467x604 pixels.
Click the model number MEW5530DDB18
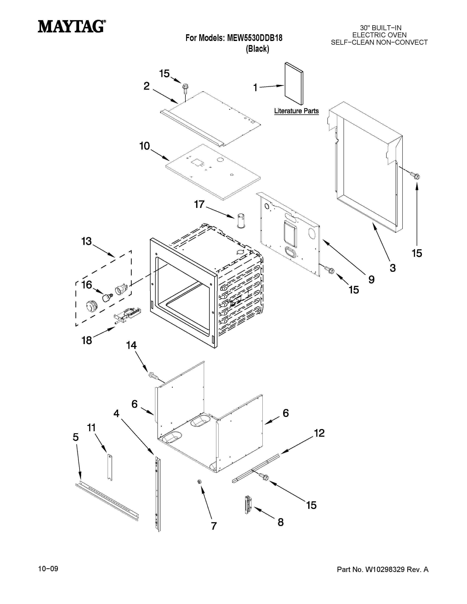pos(255,38)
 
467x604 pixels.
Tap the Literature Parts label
pos(296,111)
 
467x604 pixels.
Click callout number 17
pos(199,204)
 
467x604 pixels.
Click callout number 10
pos(144,146)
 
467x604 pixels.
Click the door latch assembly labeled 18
pos(128,316)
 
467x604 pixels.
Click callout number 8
pos(281,522)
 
